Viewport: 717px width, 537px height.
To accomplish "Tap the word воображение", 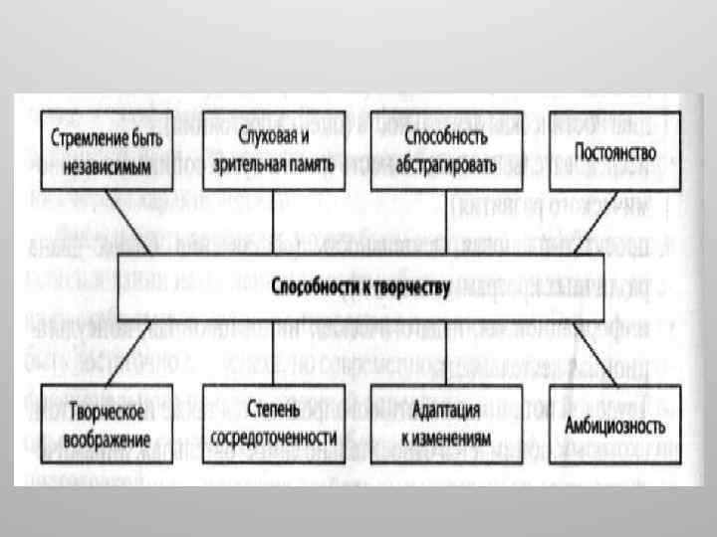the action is pyautogui.click(x=111, y=438).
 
